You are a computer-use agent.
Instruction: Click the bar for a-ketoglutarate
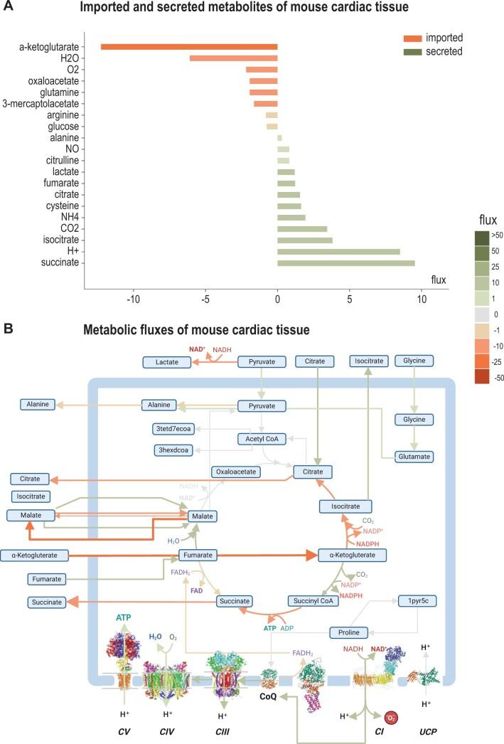[x=189, y=47]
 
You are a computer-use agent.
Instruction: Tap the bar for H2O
[x=233, y=58]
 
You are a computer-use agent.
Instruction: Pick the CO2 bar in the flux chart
[x=302, y=229]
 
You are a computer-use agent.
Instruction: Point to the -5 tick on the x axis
[x=205, y=299]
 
